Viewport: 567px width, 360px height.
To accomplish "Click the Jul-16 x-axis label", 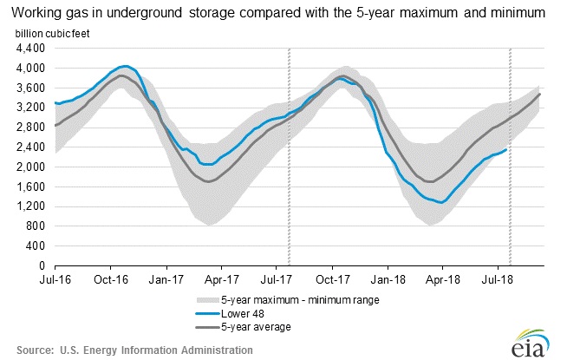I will point(55,279).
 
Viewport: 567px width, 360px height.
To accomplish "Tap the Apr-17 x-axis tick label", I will point(221,279).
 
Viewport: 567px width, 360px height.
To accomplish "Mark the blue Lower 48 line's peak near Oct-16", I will point(125,66).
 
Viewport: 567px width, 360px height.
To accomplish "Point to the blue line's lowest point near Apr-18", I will point(441,203).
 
